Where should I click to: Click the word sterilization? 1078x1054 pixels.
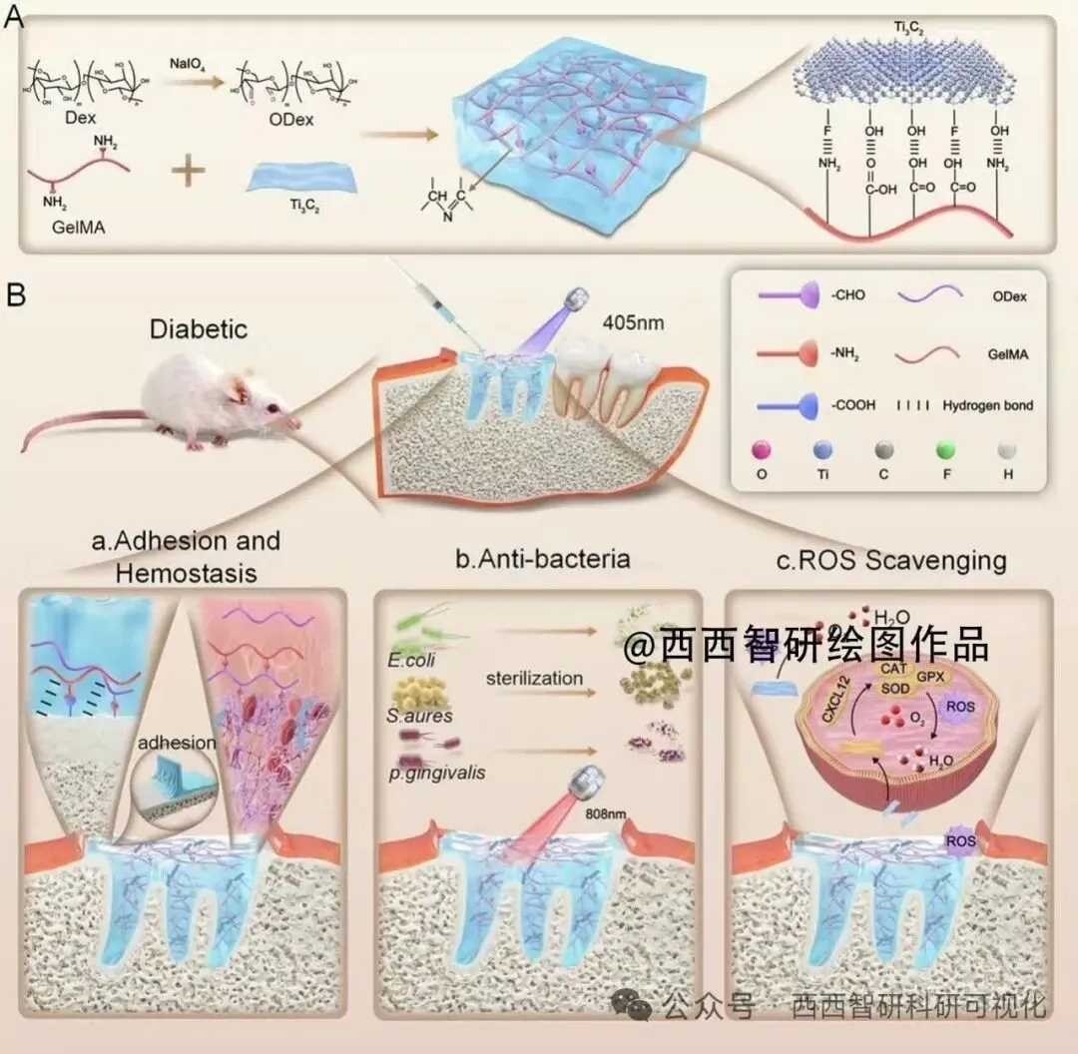pos(534,679)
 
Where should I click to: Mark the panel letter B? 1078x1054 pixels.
pos(17,295)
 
